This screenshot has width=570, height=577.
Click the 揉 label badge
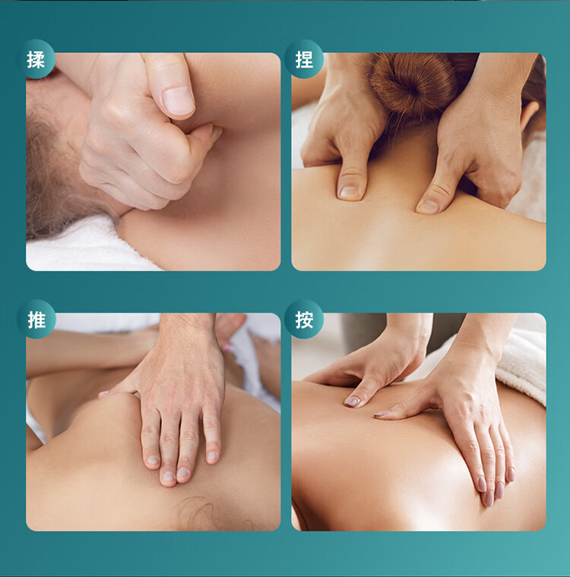[36, 59]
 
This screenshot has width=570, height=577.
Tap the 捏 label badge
[304, 59]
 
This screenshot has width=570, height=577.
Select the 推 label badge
[36, 319]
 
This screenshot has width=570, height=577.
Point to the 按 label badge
[304, 319]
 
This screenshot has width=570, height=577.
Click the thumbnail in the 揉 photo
[179, 100]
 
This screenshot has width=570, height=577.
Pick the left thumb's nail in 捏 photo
[348, 191]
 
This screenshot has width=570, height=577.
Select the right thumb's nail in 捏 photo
[429, 206]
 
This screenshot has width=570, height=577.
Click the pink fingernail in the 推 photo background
[227, 347]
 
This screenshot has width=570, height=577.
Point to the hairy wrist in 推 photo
[188, 331]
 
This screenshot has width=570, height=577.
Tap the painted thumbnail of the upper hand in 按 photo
[352, 401]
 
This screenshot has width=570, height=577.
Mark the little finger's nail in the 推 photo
[212, 457]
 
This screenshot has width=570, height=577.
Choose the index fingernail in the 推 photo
[153, 460]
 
